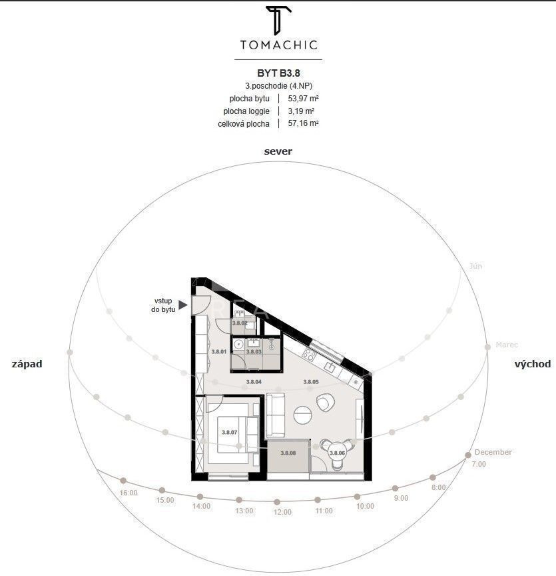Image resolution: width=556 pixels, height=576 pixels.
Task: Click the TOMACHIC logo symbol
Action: (x=278, y=20)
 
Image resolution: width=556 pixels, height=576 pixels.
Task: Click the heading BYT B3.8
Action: (x=278, y=73)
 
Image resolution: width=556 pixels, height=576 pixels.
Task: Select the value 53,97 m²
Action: (x=303, y=99)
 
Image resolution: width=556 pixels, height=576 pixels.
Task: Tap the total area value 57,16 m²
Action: (x=303, y=123)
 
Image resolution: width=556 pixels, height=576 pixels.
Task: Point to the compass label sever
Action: (x=278, y=151)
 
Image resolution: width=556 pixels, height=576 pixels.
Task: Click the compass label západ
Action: (x=27, y=364)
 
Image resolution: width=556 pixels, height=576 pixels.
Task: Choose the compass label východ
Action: (x=533, y=364)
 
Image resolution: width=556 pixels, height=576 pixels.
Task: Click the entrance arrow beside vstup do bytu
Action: (x=182, y=305)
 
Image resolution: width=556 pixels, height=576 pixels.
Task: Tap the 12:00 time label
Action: (x=282, y=512)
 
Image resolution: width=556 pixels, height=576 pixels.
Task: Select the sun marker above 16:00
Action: (x=124, y=481)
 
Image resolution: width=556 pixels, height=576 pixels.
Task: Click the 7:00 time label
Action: (x=479, y=464)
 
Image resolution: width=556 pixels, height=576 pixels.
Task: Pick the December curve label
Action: (x=493, y=452)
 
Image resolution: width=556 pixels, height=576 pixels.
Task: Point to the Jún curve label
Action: (x=475, y=266)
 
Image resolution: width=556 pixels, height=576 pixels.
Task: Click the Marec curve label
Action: (x=507, y=345)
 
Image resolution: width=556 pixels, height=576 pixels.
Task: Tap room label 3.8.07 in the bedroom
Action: (x=229, y=433)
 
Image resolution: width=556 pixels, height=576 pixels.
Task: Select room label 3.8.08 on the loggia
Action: (x=288, y=453)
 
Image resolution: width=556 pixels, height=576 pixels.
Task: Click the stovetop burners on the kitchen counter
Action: (x=309, y=354)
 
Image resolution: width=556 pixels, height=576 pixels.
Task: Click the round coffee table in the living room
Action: (x=303, y=415)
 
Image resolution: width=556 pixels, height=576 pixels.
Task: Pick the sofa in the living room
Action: (x=275, y=415)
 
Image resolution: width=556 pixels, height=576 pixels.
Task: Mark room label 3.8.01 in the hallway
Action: (x=219, y=351)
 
